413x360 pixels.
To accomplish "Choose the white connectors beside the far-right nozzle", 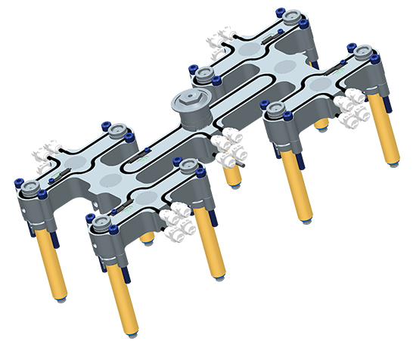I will [x=350, y=107].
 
